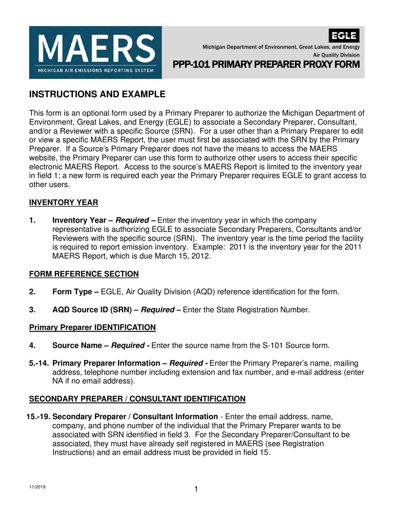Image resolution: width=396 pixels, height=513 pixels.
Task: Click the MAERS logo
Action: pyautogui.click(x=95, y=52)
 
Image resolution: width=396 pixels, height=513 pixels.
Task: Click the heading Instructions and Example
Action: pyautogui.click(x=97, y=94)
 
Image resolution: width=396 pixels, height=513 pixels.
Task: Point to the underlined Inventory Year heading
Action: pyautogui.click(x=63, y=203)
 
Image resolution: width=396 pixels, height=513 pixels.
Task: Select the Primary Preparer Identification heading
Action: pyautogui.click(x=92, y=327)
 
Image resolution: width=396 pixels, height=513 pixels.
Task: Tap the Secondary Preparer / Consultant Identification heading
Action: pyautogui.click(x=137, y=399)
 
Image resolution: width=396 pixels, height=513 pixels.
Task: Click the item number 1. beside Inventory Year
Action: pyautogui.click(x=33, y=220)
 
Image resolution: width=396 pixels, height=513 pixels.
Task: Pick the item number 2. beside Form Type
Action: pyautogui.click(x=33, y=292)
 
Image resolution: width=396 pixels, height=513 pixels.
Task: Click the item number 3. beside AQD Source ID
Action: pyautogui.click(x=33, y=309)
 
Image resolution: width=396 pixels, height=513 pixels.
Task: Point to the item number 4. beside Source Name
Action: pyautogui.click(x=33, y=345)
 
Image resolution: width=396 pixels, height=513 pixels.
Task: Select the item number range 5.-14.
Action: pyautogui.click(x=39, y=363)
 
